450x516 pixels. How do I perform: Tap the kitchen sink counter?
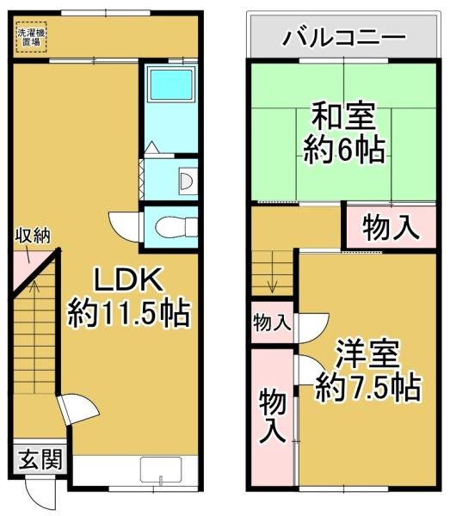point(163,471)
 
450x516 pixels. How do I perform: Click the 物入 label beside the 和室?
point(391,228)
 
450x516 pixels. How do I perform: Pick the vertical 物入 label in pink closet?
point(272,415)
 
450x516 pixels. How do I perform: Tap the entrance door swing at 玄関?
point(39,497)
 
